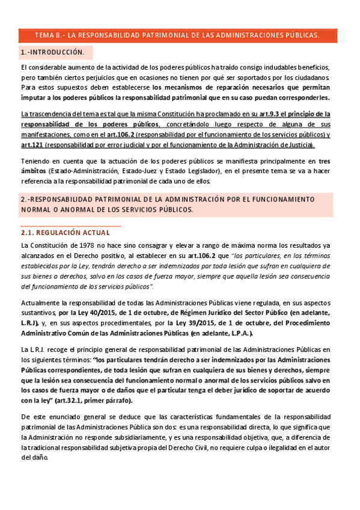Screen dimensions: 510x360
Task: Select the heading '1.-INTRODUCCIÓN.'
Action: click(52, 53)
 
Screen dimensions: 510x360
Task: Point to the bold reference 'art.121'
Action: click(32, 145)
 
